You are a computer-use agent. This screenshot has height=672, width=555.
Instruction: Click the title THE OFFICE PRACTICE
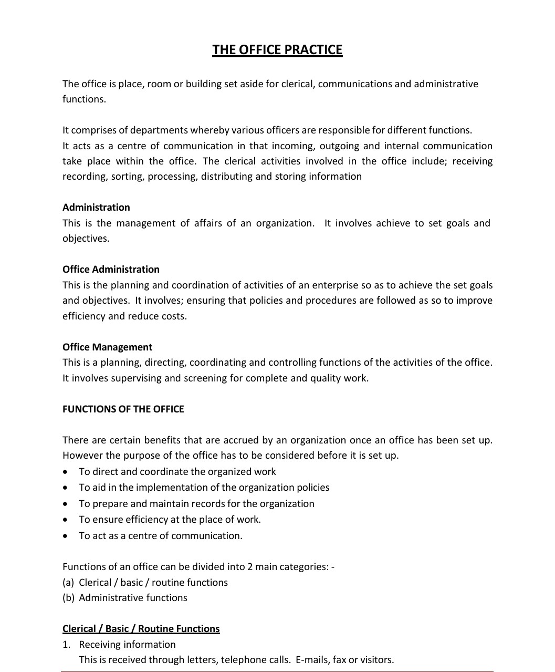tap(277, 50)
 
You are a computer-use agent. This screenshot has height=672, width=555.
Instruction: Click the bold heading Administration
tap(96, 208)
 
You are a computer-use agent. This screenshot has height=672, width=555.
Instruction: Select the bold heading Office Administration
tap(111, 270)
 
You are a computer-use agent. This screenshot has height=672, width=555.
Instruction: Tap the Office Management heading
tap(107, 347)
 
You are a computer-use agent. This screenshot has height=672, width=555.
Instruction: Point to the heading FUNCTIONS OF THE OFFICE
tap(123, 409)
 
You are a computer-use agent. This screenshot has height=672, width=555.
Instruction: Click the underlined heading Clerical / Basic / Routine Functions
tap(141, 629)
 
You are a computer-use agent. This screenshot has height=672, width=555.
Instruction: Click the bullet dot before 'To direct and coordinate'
tap(65, 472)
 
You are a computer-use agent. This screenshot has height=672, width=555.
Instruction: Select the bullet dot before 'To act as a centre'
tap(65, 536)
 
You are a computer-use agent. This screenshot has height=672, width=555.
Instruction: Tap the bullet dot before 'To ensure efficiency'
tap(65, 520)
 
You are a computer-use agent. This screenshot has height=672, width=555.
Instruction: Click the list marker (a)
tap(68, 583)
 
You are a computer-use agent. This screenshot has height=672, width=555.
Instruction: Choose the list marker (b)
tap(68, 598)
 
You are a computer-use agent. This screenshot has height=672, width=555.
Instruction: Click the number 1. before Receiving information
tap(66, 645)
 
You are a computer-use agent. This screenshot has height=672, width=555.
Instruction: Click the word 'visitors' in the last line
tap(375, 660)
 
